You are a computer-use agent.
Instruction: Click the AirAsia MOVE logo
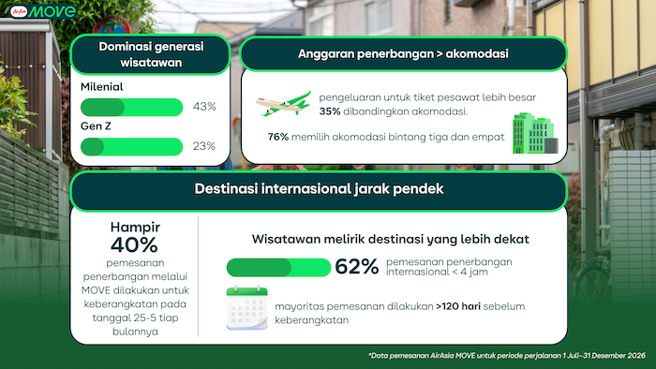tap(43, 11)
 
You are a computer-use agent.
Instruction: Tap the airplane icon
tap(283, 104)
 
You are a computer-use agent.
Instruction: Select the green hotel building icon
tap(535, 133)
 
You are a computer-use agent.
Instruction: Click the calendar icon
tap(246, 308)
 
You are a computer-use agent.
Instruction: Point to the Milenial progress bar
tap(132, 107)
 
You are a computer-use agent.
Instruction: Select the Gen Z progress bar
tap(132, 147)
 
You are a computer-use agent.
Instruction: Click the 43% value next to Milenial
tap(204, 107)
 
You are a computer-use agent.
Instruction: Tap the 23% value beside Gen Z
tap(204, 146)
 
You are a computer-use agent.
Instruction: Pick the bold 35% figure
tap(330, 111)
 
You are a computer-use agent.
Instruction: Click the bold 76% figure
tap(278, 137)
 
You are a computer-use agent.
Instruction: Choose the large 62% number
tap(356, 267)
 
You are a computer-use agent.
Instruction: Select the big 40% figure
tap(134, 244)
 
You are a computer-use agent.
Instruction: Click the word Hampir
tap(135, 227)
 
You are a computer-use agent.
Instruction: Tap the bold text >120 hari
tap(458, 306)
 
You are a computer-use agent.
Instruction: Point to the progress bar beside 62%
tap(278, 268)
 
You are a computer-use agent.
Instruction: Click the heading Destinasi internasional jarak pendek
tap(319, 189)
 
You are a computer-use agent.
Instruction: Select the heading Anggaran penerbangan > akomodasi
tap(403, 54)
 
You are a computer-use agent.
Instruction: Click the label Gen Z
tap(96, 126)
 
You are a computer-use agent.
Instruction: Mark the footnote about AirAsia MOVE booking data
tap(507, 356)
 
